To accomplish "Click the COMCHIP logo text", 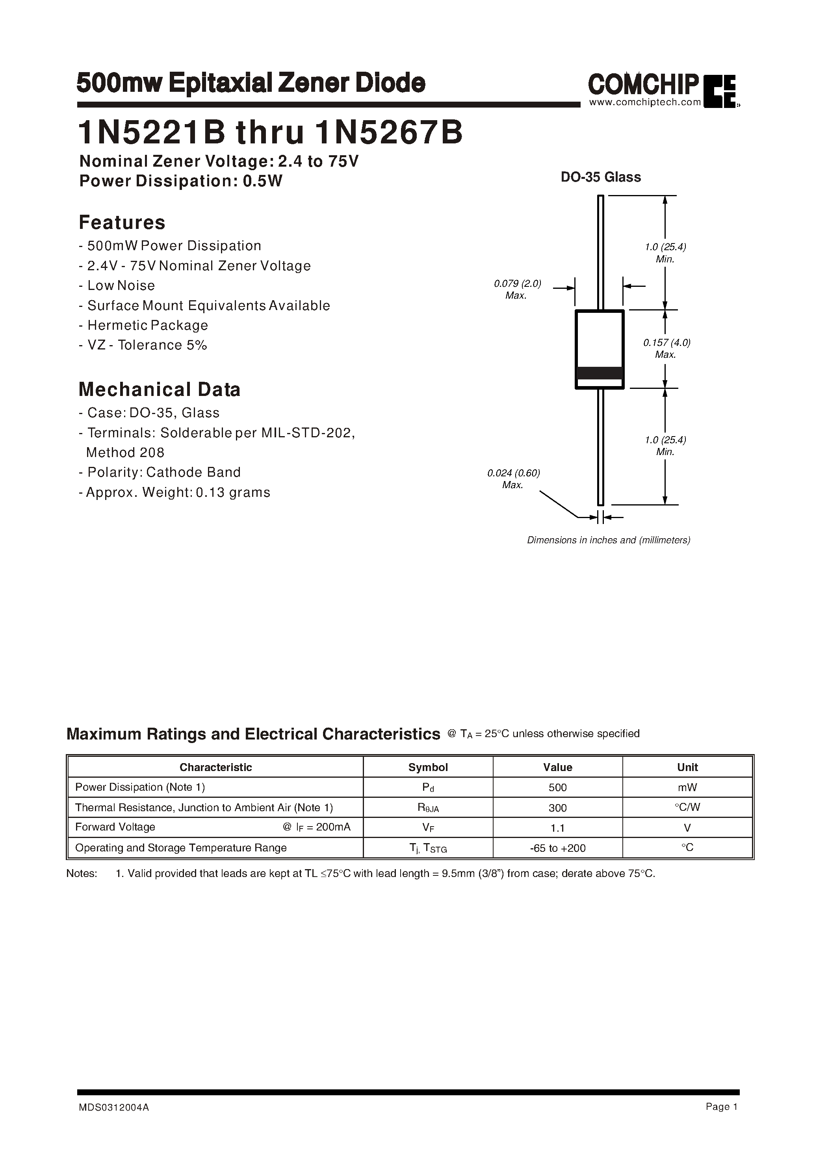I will pyautogui.click(x=642, y=84).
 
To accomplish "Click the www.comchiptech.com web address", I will pyautogui.click(x=644, y=102).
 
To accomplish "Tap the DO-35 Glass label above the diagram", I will pyautogui.click(x=600, y=177).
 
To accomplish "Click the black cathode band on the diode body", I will pyautogui.click(x=600, y=373).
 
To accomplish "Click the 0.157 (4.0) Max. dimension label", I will pyautogui.click(x=666, y=348).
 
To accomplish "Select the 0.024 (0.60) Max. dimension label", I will pyautogui.click(x=513, y=479).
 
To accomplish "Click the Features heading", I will pyautogui.click(x=122, y=222).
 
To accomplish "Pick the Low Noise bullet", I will pyautogui.click(x=117, y=286).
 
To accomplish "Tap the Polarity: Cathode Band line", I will pyautogui.click(x=160, y=472).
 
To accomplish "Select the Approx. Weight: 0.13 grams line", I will pyautogui.click(x=175, y=492).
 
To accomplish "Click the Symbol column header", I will pyautogui.click(x=427, y=767).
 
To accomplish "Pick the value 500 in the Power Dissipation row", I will pyautogui.click(x=557, y=788).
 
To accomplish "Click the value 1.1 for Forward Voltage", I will pyautogui.click(x=557, y=828).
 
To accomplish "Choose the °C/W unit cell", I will pyautogui.click(x=687, y=807).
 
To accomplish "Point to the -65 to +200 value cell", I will pyautogui.click(x=557, y=848).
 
